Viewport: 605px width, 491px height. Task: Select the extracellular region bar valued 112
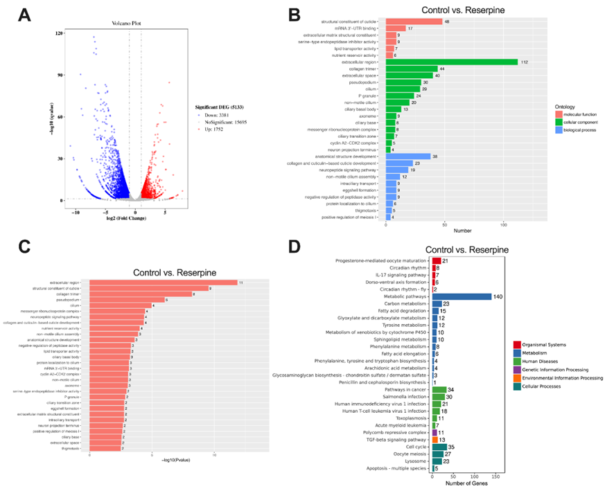[452, 62]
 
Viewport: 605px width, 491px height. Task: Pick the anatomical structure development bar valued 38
[408, 157]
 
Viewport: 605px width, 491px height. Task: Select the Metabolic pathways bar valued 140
[462, 296]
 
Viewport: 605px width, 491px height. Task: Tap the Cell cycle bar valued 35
[439, 448]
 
